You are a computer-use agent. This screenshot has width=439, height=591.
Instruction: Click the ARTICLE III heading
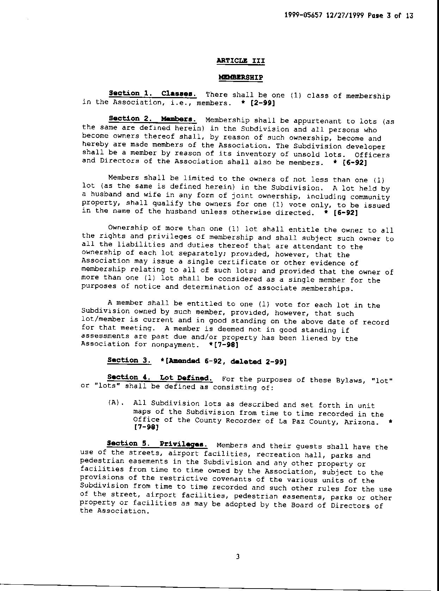click(x=241, y=61)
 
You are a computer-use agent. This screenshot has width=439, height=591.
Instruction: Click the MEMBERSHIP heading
click(x=241, y=77)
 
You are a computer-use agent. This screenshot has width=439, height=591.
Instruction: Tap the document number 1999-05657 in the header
click(x=303, y=16)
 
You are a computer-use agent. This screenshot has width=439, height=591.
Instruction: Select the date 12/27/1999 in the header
click(x=345, y=16)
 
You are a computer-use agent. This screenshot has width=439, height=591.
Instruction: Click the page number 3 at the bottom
click(x=238, y=557)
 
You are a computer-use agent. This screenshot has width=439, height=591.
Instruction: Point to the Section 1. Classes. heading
click(x=153, y=94)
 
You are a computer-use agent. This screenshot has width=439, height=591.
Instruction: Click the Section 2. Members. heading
click(x=152, y=119)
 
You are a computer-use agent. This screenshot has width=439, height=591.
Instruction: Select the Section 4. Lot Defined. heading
click(x=160, y=378)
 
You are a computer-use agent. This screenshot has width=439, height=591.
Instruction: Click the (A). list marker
click(x=115, y=403)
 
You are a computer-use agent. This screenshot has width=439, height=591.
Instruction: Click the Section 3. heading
click(x=129, y=360)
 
